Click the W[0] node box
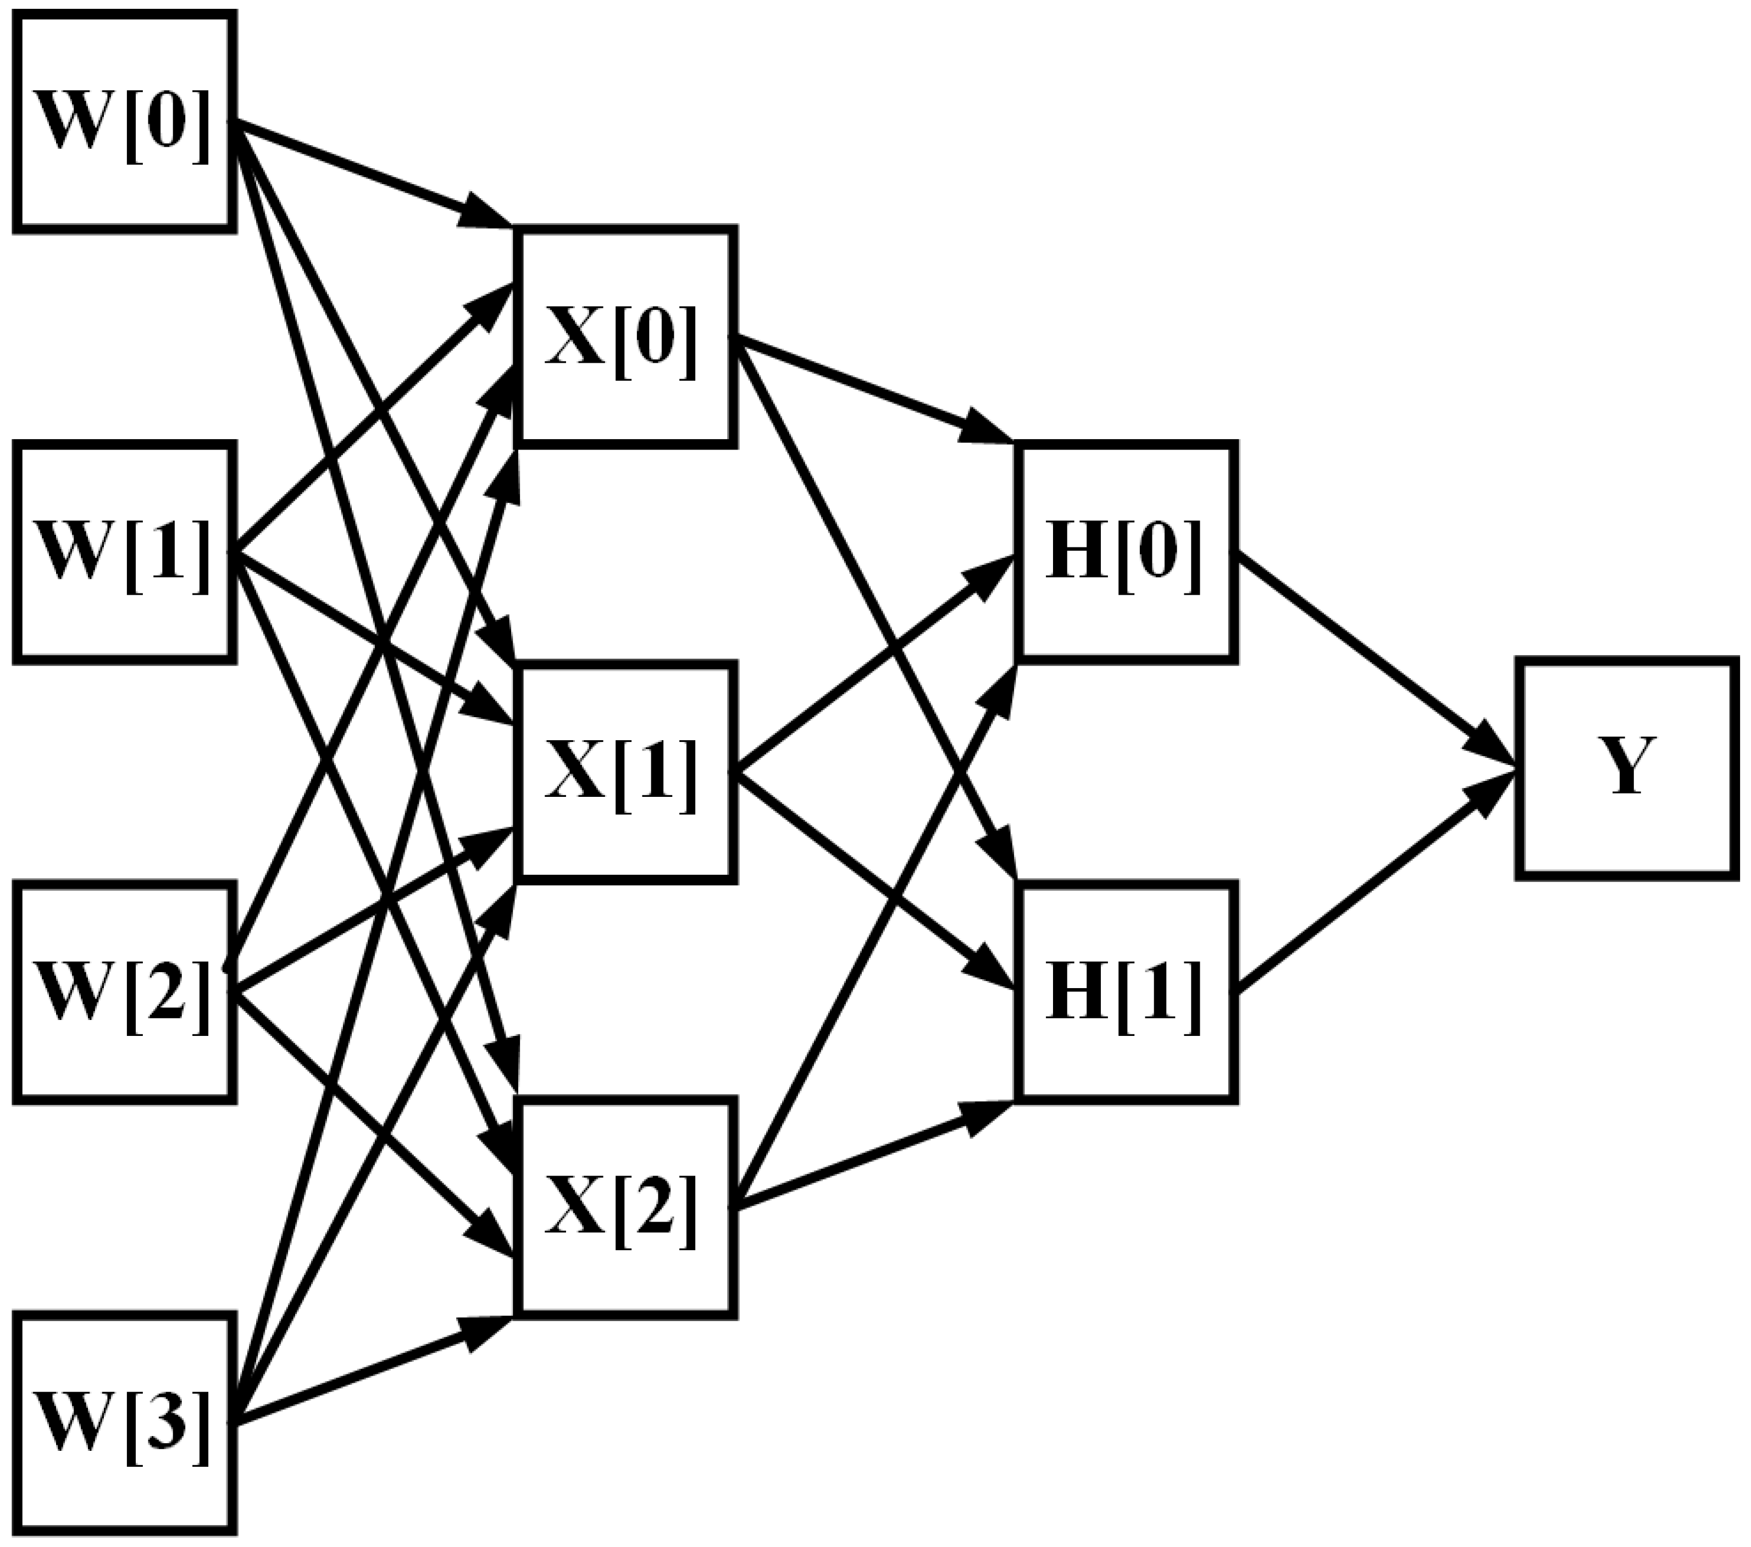tap(124, 121)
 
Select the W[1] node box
tap(124, 552)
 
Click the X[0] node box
tap(624, 337)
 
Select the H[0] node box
tap(1126, 552)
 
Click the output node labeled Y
tap(1627, 768)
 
